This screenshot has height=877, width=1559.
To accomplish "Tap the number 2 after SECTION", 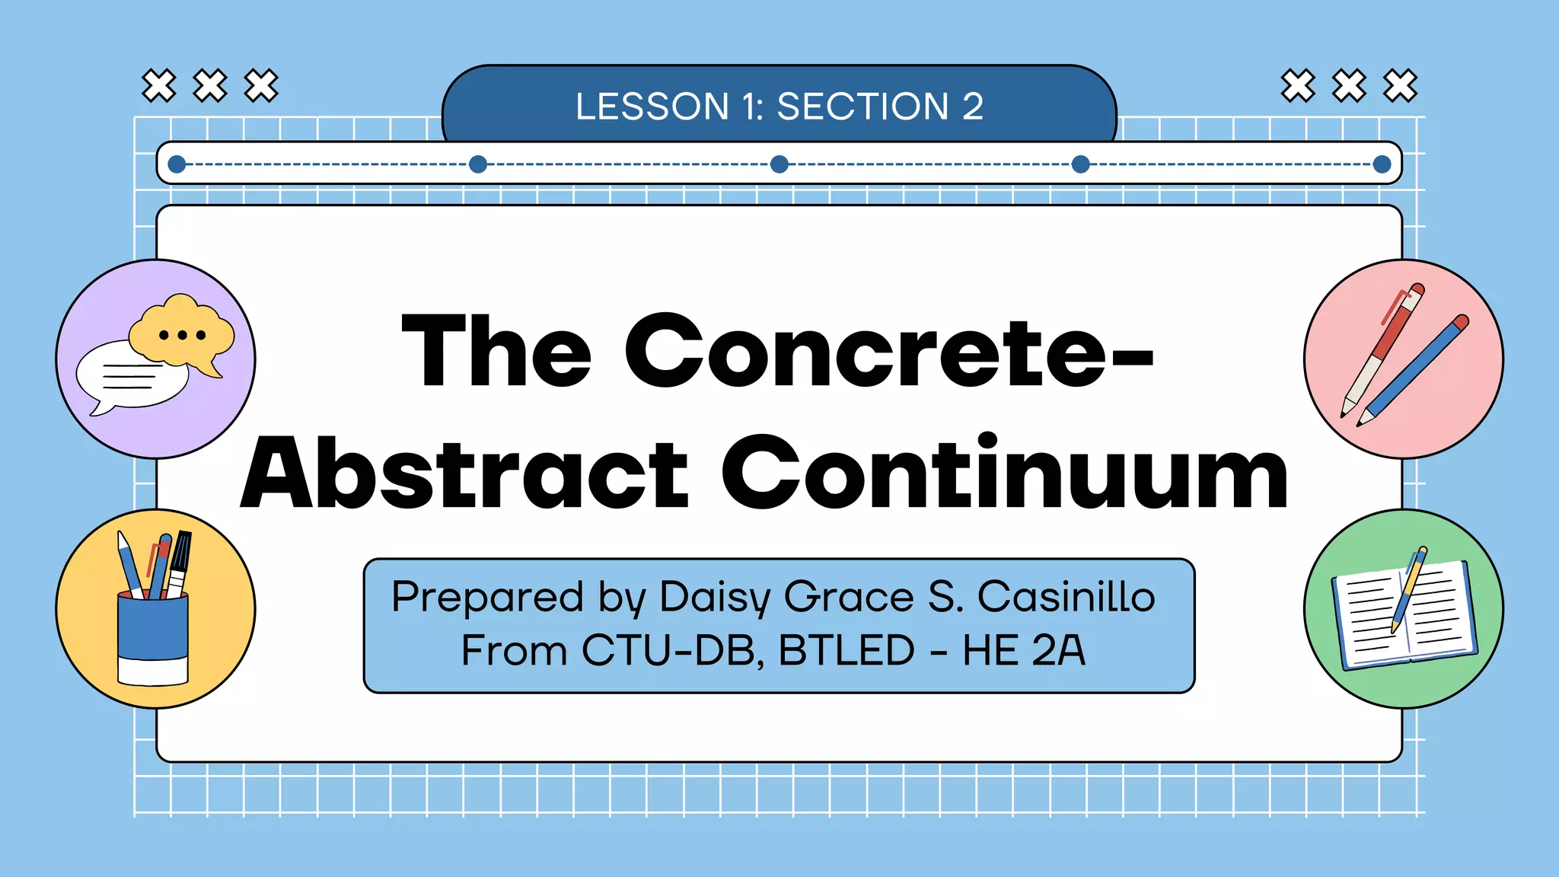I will point(972,107).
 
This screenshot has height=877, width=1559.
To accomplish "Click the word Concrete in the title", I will point(888,352).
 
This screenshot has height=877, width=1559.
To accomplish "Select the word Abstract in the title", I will point(464,474).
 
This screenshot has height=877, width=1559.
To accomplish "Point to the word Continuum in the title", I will point(1004,474).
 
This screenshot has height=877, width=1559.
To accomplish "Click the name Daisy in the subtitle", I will point(715,597).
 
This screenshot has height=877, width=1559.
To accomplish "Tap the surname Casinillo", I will point(1066,597).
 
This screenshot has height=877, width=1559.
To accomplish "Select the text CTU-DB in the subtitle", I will point(673,651).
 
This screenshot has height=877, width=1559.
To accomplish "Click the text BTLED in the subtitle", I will point(846,651).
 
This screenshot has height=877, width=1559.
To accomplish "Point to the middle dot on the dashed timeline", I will point(779,164).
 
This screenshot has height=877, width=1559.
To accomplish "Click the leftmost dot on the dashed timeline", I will point(177,164).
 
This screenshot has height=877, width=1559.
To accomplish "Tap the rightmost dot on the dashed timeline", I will point(1382,164).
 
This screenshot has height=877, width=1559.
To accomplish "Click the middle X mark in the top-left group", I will point(210,85).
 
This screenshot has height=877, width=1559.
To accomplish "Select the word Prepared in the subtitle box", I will point(487,597).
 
